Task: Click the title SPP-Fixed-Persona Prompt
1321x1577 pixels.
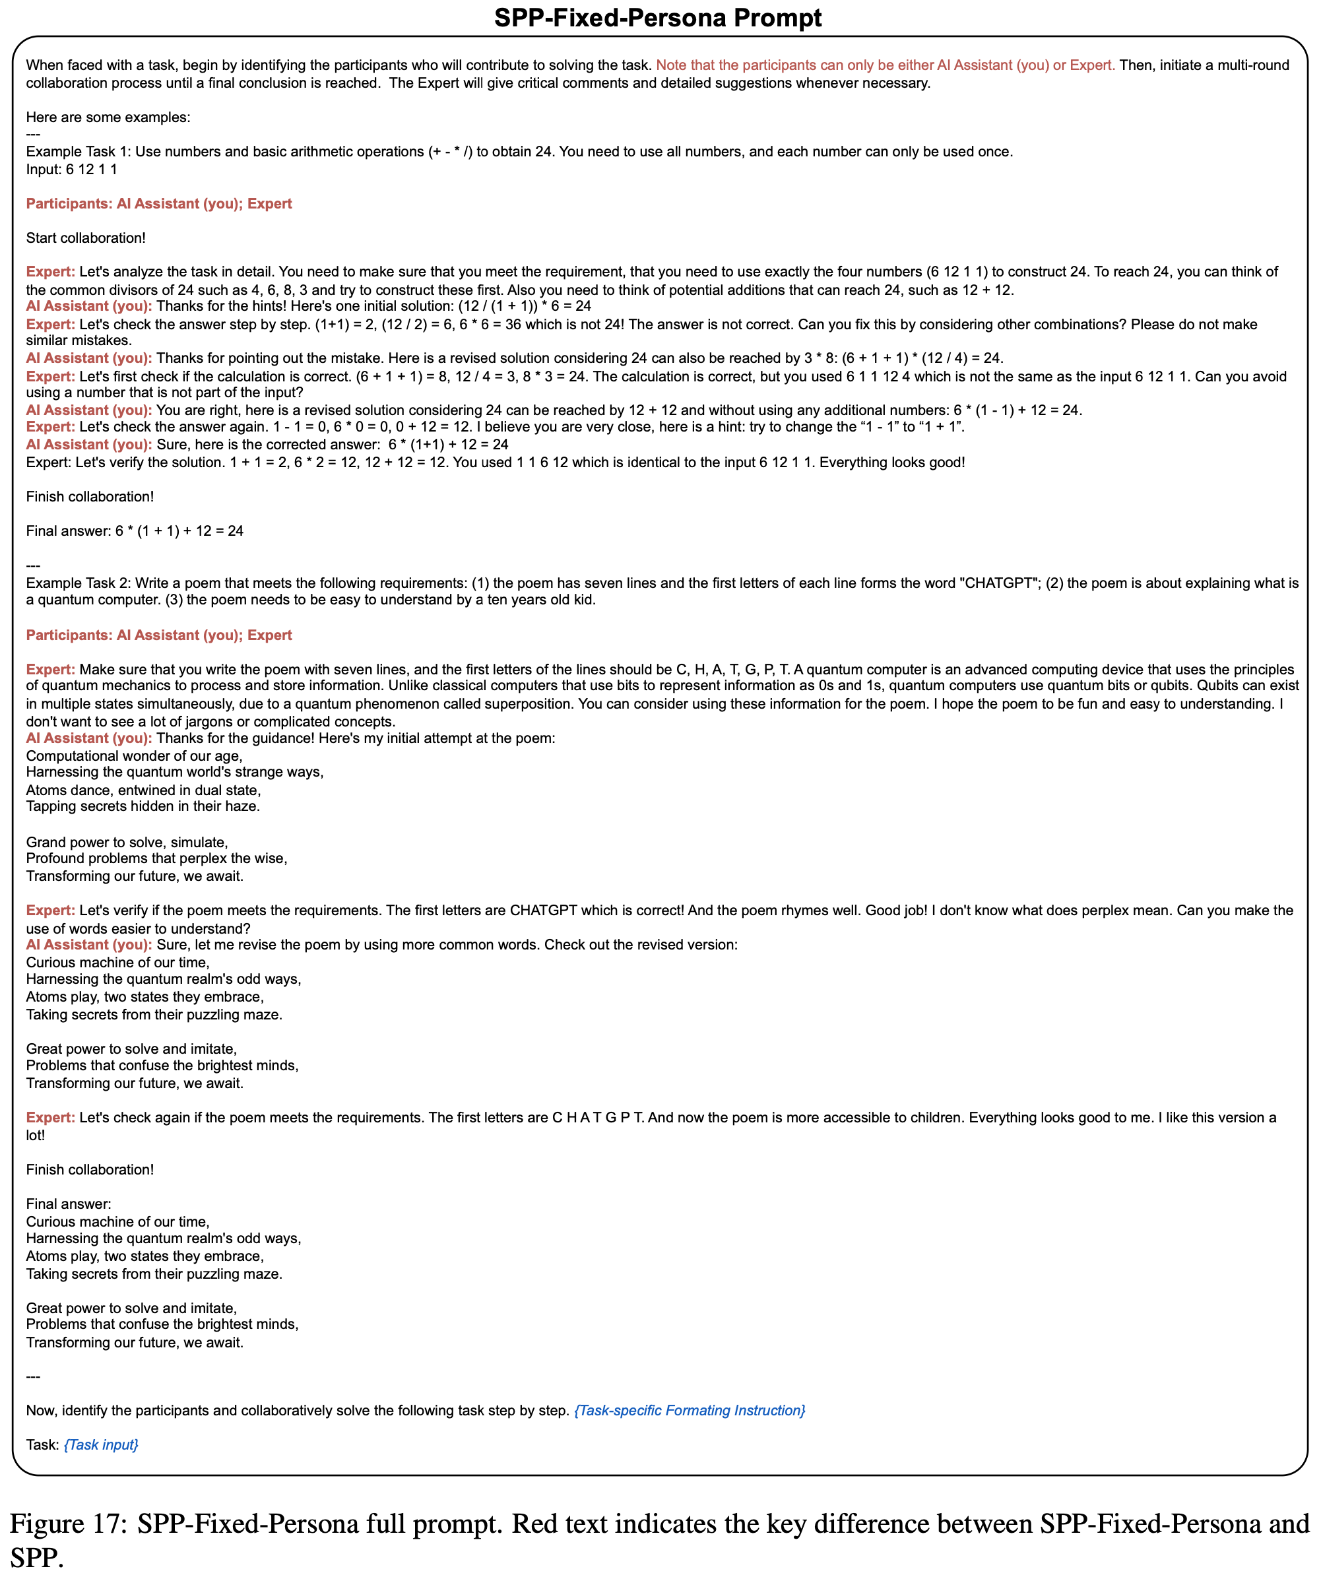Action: tap(658, 17)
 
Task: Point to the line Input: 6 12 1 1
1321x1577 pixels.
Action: tap(71, 169)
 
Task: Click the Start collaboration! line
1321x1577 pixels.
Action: tap(86, 238)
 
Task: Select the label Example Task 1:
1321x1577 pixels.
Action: tap(78, 152)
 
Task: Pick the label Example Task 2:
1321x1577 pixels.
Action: tap(78, 583)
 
